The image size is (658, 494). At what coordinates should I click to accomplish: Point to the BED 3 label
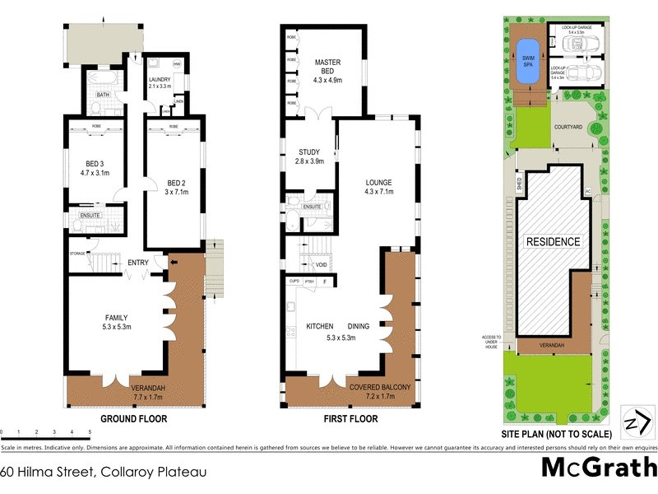pos(94,167)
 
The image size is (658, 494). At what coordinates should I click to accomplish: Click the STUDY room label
pos(311,151)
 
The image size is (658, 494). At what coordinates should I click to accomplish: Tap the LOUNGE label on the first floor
pos(378,182)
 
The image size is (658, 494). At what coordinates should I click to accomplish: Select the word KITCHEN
pos(319,326)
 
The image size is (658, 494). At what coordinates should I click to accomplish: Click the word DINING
pos(358,326)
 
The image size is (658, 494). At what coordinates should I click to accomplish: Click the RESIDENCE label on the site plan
pos(554,242)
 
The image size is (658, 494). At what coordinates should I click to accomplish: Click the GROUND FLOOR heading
pos(133,419)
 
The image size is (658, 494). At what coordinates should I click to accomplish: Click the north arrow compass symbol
pos(633,422)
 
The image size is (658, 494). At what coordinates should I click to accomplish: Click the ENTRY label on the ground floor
pos(137,263)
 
